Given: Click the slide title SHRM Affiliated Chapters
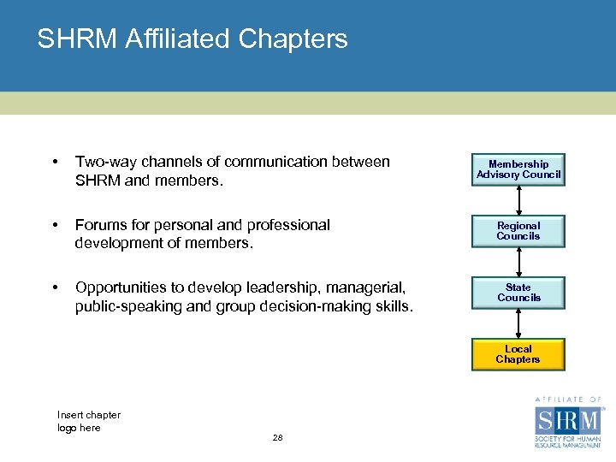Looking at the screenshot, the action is click(x=192, y=39).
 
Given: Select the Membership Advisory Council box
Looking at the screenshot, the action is click(x=518, y=169).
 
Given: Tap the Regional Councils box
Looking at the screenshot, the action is click(x=518, y=231).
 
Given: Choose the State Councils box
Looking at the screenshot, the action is click(x=518, y=293).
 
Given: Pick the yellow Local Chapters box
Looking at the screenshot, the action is click(x=518, y=354).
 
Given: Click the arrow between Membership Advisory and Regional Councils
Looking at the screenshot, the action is click(x=518, y=200).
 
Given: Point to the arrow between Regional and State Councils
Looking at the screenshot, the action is click(x=518, y=262).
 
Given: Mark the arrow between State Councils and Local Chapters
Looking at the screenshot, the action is click(x=518, y=323).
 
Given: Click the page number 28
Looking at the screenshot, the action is click(x=277, y=438).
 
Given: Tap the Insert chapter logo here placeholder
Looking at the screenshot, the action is click(x=89, y=421).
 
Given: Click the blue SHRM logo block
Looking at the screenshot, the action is click(x=568, y=422).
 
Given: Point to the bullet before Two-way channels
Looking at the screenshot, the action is click(x=55, y=163).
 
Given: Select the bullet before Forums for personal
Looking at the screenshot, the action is click(x=55, y=226).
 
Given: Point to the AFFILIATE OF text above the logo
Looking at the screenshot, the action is click(x=568, y=400).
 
